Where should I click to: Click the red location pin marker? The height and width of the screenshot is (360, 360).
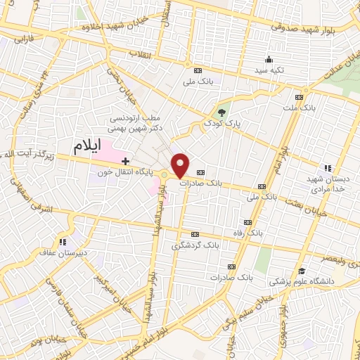point(180,165)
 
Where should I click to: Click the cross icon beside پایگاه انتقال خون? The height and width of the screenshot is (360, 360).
point(125,162)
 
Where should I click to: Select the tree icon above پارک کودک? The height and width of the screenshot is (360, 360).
point(222,112)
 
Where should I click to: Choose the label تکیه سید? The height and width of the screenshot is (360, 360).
point(269,70)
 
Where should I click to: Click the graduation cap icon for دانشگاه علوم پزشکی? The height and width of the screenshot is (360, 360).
point(302,271)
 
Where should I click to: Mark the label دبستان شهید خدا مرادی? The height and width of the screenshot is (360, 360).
point(329,185)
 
